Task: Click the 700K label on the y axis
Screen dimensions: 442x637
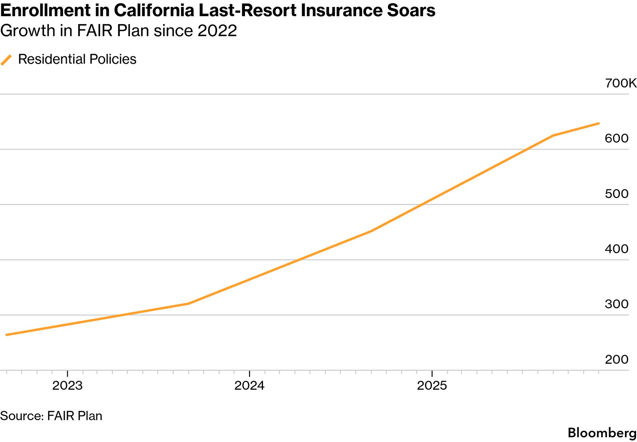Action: (x=620, y=83)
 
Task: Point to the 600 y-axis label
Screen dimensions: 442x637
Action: (x=616, y=138)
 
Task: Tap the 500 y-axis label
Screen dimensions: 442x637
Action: (x=616, y=194)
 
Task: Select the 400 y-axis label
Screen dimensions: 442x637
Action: (x=616, y=249)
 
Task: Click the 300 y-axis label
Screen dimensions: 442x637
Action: (x=616, y=304)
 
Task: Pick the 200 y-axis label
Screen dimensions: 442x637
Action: (x=616, y=359)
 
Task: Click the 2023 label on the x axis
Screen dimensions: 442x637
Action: (x=67, y=386)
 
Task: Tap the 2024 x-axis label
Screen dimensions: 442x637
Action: (x=249, y=386)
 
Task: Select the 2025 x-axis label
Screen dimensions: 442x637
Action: (x=432, y=386)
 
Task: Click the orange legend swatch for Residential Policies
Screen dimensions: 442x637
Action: (x=6, y=60)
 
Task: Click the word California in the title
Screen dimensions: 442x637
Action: (x=154, y=10)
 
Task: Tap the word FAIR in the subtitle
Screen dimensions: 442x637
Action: (x=95, y=31)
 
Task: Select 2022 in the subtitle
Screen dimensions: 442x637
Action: (x=217, y=31)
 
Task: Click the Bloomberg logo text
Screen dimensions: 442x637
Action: (x=602, y=433)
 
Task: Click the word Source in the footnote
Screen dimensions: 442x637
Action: (x=22, y=416)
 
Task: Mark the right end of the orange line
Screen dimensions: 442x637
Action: (x=599, y=124)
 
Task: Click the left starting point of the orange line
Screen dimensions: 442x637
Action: (x=7, y=335)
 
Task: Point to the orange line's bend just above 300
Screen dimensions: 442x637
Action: (x=188, y=304)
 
